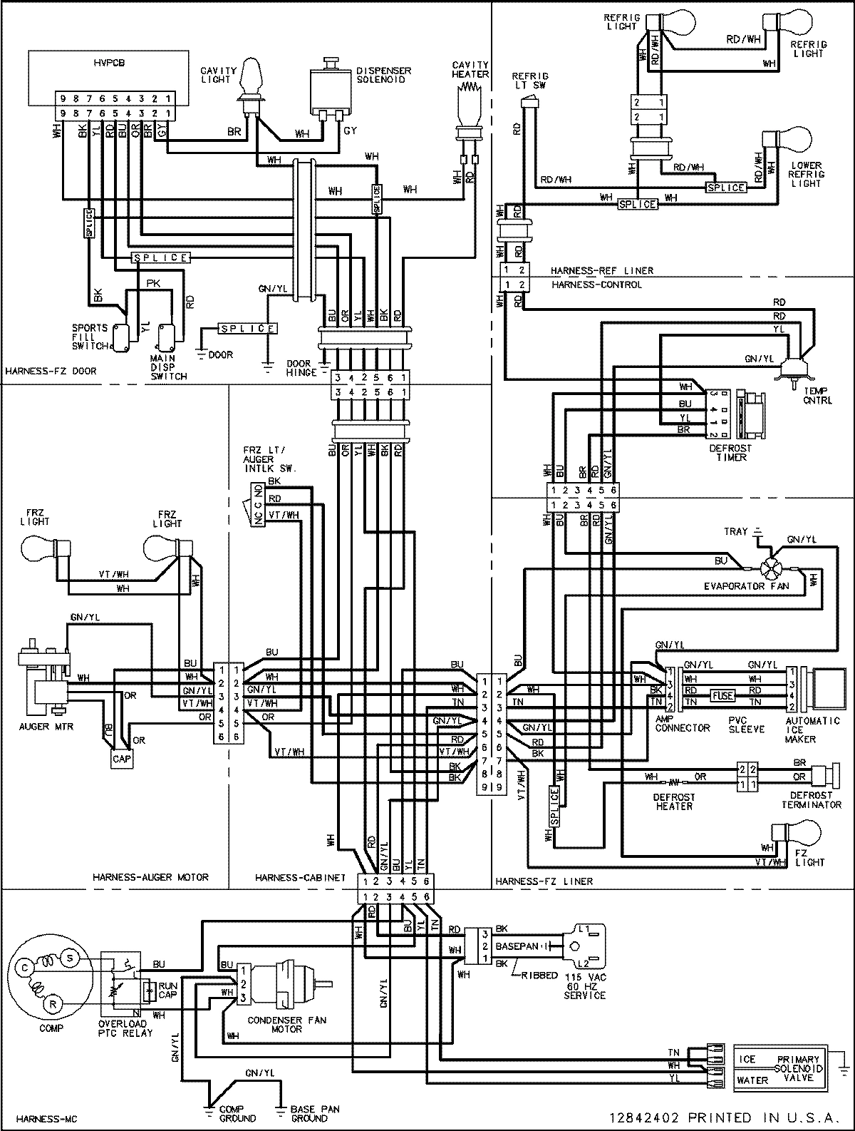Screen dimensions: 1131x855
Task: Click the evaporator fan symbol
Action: (x=769, y=568)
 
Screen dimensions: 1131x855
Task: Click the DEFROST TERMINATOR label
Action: (x=810, y=799)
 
